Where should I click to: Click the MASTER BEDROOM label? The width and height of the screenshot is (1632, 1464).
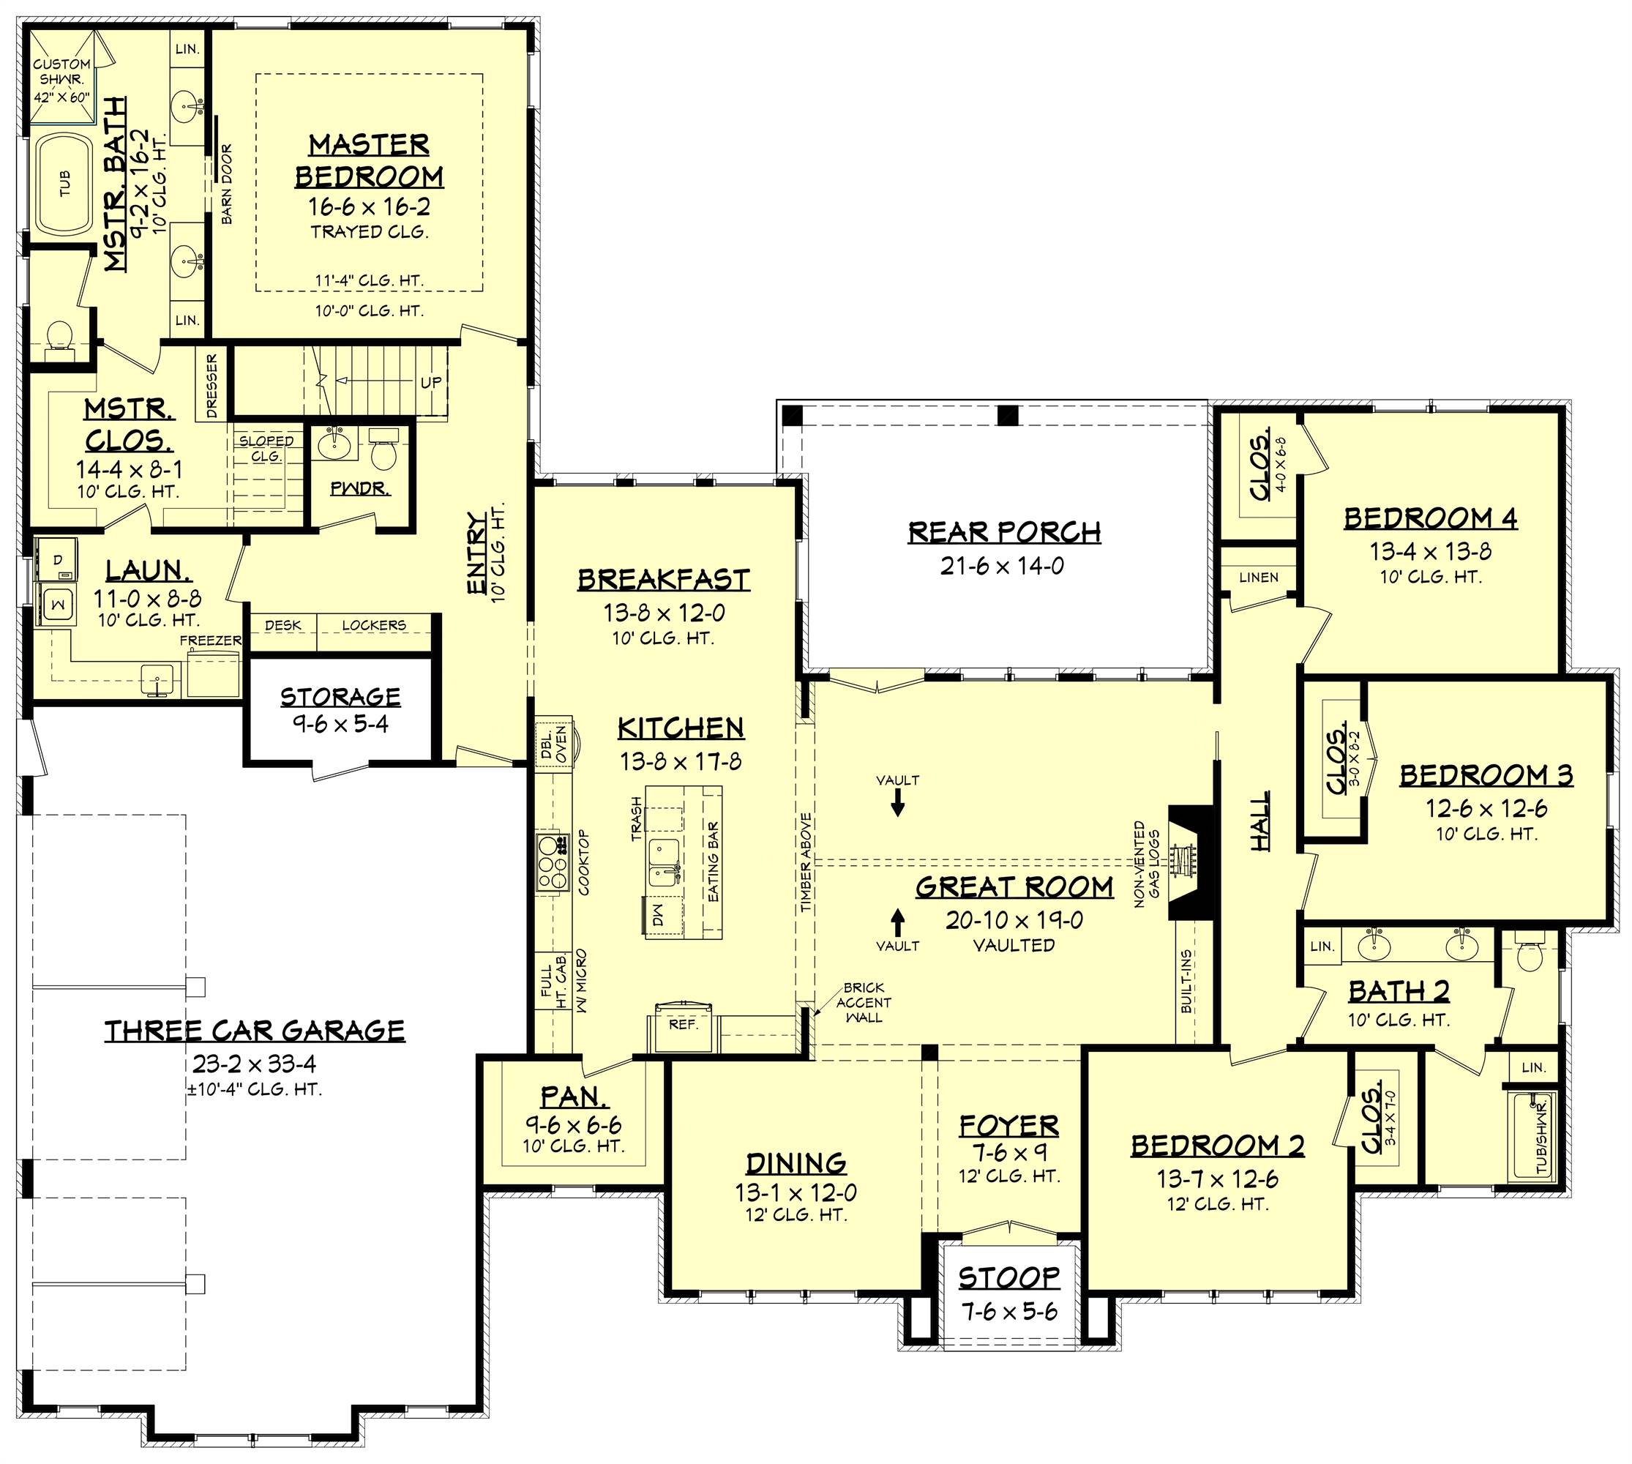click(x=368, y=160)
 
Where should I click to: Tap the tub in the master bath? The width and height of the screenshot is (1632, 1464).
click(x=64, y=184)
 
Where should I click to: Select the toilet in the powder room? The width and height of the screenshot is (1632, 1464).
click(x=383, y=452)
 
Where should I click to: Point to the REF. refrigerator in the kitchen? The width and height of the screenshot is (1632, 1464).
click(x=683, y=1028)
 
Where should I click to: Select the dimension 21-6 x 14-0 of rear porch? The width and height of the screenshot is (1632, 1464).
click(x=1001, y=567)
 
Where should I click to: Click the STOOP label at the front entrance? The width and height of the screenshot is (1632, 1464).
click(x=1009, y=1278)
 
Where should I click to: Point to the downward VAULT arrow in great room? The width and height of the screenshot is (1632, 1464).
click(x=898, y=804)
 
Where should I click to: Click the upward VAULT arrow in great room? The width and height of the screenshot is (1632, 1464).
click(x=898, y=919)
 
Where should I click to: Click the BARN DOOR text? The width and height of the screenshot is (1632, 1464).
click(x=227, y=184)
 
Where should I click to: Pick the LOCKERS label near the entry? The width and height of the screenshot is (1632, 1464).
click(x=374, y=625)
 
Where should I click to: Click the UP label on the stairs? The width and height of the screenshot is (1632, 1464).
click(x=431, y=382)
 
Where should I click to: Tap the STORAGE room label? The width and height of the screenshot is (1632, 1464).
click(x=340, y=697)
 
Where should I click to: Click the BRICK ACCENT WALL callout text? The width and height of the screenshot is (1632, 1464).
click(x=863, y=1002)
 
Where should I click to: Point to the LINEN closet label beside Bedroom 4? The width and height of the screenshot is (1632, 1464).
click(x=1258, y=577)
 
